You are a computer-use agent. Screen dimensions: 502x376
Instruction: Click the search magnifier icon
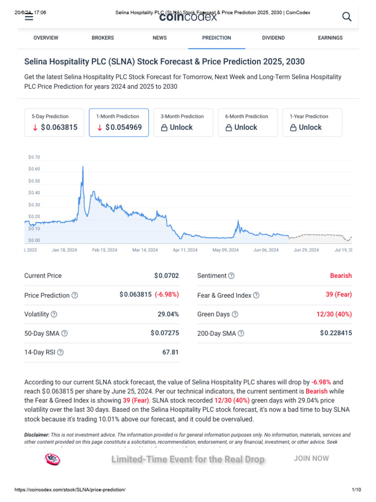coord(347,17)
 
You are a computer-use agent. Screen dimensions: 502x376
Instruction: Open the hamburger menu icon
coord(29,17)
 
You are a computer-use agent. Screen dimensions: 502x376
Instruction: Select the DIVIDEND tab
coord(273,38)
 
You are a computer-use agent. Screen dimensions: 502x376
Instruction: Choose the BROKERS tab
coord(103,38)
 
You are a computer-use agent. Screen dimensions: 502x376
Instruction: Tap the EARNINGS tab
coord(330,38)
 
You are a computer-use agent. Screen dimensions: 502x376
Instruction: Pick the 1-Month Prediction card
coord(119,122)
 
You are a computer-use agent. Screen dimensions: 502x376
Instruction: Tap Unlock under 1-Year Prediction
coord(306,127)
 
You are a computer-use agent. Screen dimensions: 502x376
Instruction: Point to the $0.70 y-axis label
coord(34,157)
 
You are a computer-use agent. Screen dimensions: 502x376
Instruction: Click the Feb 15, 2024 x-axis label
coord(105,250)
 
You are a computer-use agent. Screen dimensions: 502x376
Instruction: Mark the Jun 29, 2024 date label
coord(306,250)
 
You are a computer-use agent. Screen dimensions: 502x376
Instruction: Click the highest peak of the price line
coord(83,167)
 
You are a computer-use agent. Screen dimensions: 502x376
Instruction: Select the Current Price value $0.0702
coord(167,276)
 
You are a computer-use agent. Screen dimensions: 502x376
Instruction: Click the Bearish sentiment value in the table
coord(341,276)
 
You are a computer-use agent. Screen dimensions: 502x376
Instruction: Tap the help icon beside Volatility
coord(54,314)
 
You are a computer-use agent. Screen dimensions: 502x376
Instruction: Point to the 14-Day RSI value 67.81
coord(170,352)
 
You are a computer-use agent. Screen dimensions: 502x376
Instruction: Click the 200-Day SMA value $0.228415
coord(336,333)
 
